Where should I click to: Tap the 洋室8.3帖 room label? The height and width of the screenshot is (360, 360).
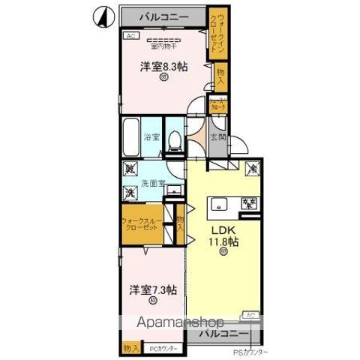(163, 67)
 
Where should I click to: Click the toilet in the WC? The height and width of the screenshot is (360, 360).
(174, 139)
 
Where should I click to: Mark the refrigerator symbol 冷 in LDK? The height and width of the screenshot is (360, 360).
(253, 170)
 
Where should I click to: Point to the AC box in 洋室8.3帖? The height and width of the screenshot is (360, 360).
(129, 36)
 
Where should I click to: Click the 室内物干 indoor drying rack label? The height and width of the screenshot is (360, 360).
(163, 46)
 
